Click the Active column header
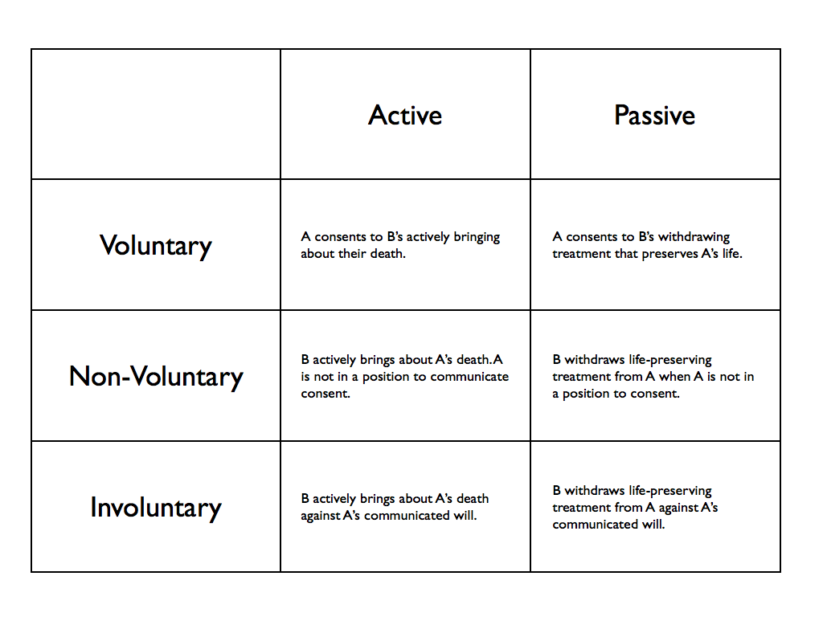click(405, 115)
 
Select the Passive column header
click(654, 115)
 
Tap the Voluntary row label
click(156, 246)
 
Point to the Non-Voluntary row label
click(156, 378)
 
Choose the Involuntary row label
click(156, 508)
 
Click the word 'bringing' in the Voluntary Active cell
click(477, 237)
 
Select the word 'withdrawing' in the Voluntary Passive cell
click(694, 237)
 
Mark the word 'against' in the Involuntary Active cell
click(320, 517)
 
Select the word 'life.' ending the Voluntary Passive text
click(732, 254)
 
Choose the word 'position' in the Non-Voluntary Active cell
click(387, 378)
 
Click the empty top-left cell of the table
click(156, 114)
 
